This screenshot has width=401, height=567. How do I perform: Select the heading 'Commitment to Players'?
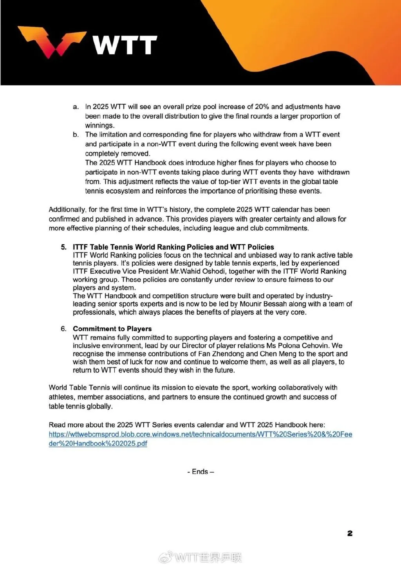[112, 329]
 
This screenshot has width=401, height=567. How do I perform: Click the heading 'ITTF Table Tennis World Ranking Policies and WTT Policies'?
[173, 247]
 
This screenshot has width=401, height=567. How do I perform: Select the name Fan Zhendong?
[221, 354]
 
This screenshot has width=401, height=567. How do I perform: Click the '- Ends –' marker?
[200, 472]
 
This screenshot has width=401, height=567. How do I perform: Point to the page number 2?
[350, 533]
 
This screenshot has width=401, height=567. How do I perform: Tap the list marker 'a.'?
[76, 107]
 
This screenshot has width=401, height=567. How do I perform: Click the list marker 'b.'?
[76, 135]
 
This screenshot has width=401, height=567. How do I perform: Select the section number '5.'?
[64, 247]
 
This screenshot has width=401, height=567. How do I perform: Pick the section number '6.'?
[64, 329]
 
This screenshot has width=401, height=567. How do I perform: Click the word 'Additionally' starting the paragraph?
[67, 210]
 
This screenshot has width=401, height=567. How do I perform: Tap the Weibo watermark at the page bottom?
[200, 557]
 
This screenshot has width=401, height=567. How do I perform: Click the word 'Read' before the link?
[57, 425]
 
